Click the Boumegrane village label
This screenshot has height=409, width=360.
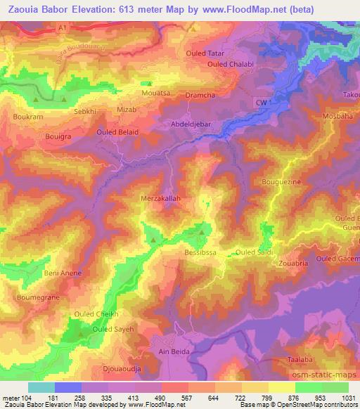[x=33, y=297]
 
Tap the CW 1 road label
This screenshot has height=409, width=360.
[x=262, y=102]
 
